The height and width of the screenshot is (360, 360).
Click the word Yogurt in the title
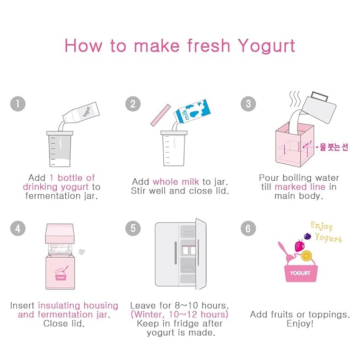click(x=266, y=47)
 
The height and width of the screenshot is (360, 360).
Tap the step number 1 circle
click(x=17, y=104)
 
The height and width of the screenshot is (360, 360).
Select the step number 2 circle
click(x=133, y=104)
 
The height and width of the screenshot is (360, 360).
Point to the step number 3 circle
click(x=248, y=104)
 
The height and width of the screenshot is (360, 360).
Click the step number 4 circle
click(x=17, y=228)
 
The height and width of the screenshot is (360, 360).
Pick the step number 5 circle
click(x=133, y=228)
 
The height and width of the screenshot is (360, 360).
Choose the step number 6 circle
click(x=248, y=228)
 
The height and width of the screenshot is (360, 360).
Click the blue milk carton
click(x=192, y=111)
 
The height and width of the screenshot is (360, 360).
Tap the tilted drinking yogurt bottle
click(x=81, y=112)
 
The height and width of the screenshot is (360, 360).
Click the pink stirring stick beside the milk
click(x=161, y=115)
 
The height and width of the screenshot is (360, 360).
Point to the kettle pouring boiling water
click(x=319, y=108)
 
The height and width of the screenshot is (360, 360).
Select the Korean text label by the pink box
click(x=334, y=147)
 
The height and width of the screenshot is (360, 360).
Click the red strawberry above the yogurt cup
click(x=300, y=245)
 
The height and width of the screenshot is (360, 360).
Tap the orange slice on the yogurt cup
click(x=306, y=256)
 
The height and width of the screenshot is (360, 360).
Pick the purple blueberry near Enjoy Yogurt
click(x=308, y=236)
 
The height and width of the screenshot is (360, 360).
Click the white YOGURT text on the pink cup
click(x=300, y=273)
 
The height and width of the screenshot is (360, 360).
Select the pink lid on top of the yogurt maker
click(x=60, y=233)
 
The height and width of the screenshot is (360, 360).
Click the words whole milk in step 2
click(x=176, y=182)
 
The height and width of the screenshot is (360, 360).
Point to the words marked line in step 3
click(x=300, y=187)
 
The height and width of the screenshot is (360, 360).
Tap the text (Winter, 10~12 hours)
click(x=180, y=314)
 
